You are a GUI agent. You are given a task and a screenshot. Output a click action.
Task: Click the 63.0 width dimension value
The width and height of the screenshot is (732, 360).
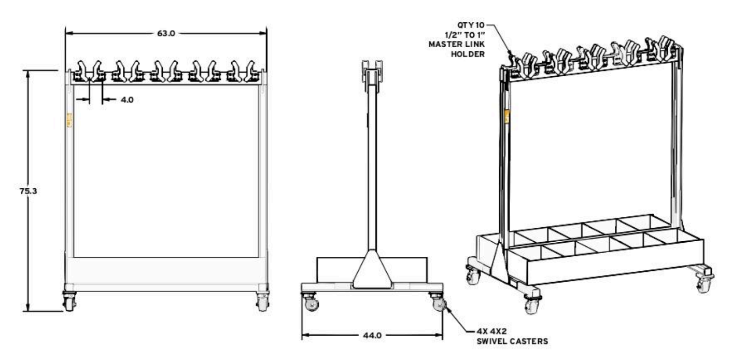click(x=166, y=33)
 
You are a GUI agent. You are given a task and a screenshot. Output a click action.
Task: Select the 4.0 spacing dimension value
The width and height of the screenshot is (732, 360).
click(x=126, y=100)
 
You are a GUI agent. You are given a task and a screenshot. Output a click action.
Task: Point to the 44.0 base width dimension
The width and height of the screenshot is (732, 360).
click(x=372, y=336)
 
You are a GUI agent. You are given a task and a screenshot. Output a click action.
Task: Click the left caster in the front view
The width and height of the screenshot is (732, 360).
click(x=69, y=301)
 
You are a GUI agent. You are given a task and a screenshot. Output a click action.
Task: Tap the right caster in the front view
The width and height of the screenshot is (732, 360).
click(x=263, y=301)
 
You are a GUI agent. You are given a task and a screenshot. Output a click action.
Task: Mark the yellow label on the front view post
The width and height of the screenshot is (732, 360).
click(x=71, y=120)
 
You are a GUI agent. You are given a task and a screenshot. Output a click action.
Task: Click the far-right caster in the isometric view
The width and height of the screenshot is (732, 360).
click(x=704, y=281)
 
